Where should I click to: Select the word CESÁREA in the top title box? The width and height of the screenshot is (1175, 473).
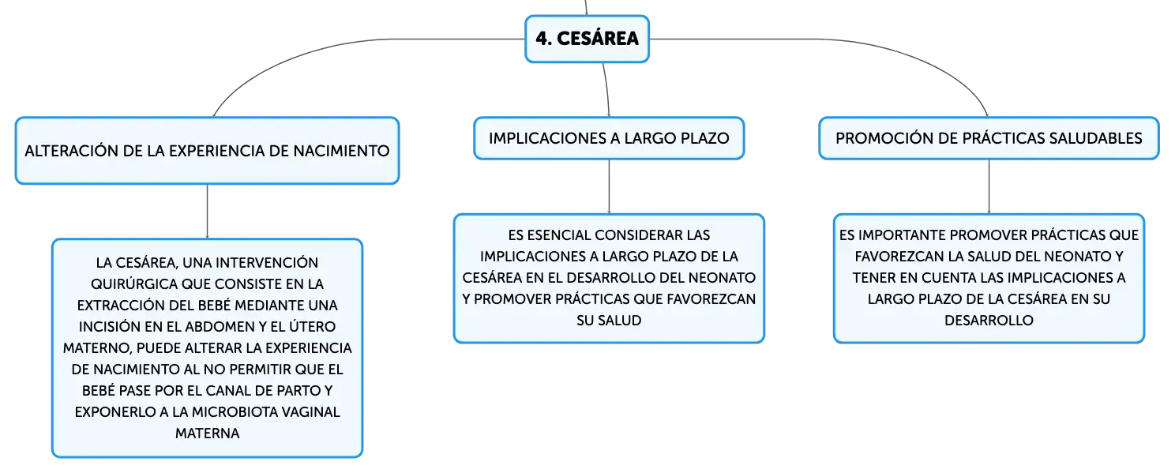point(598,38)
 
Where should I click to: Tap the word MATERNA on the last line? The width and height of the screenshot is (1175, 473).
point(207,434)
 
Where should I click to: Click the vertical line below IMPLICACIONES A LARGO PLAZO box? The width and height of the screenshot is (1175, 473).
point(609,186)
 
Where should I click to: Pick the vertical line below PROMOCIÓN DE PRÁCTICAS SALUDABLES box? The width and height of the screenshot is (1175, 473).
point(989,186)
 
